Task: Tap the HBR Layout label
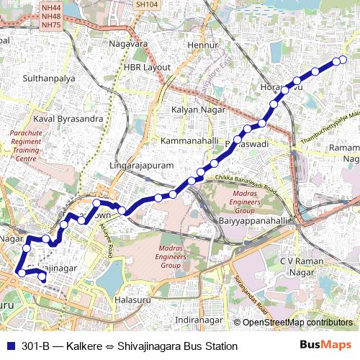coord(147,66)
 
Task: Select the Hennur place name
coord(202,45)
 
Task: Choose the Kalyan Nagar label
coord(198,109)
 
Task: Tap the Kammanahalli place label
coord(189,140)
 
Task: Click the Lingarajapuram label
coord(142,166)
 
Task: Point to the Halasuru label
coord(135,299)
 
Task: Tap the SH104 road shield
coord(146,4)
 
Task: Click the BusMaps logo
coord(326,346)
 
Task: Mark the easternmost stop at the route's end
coord(343,59)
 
